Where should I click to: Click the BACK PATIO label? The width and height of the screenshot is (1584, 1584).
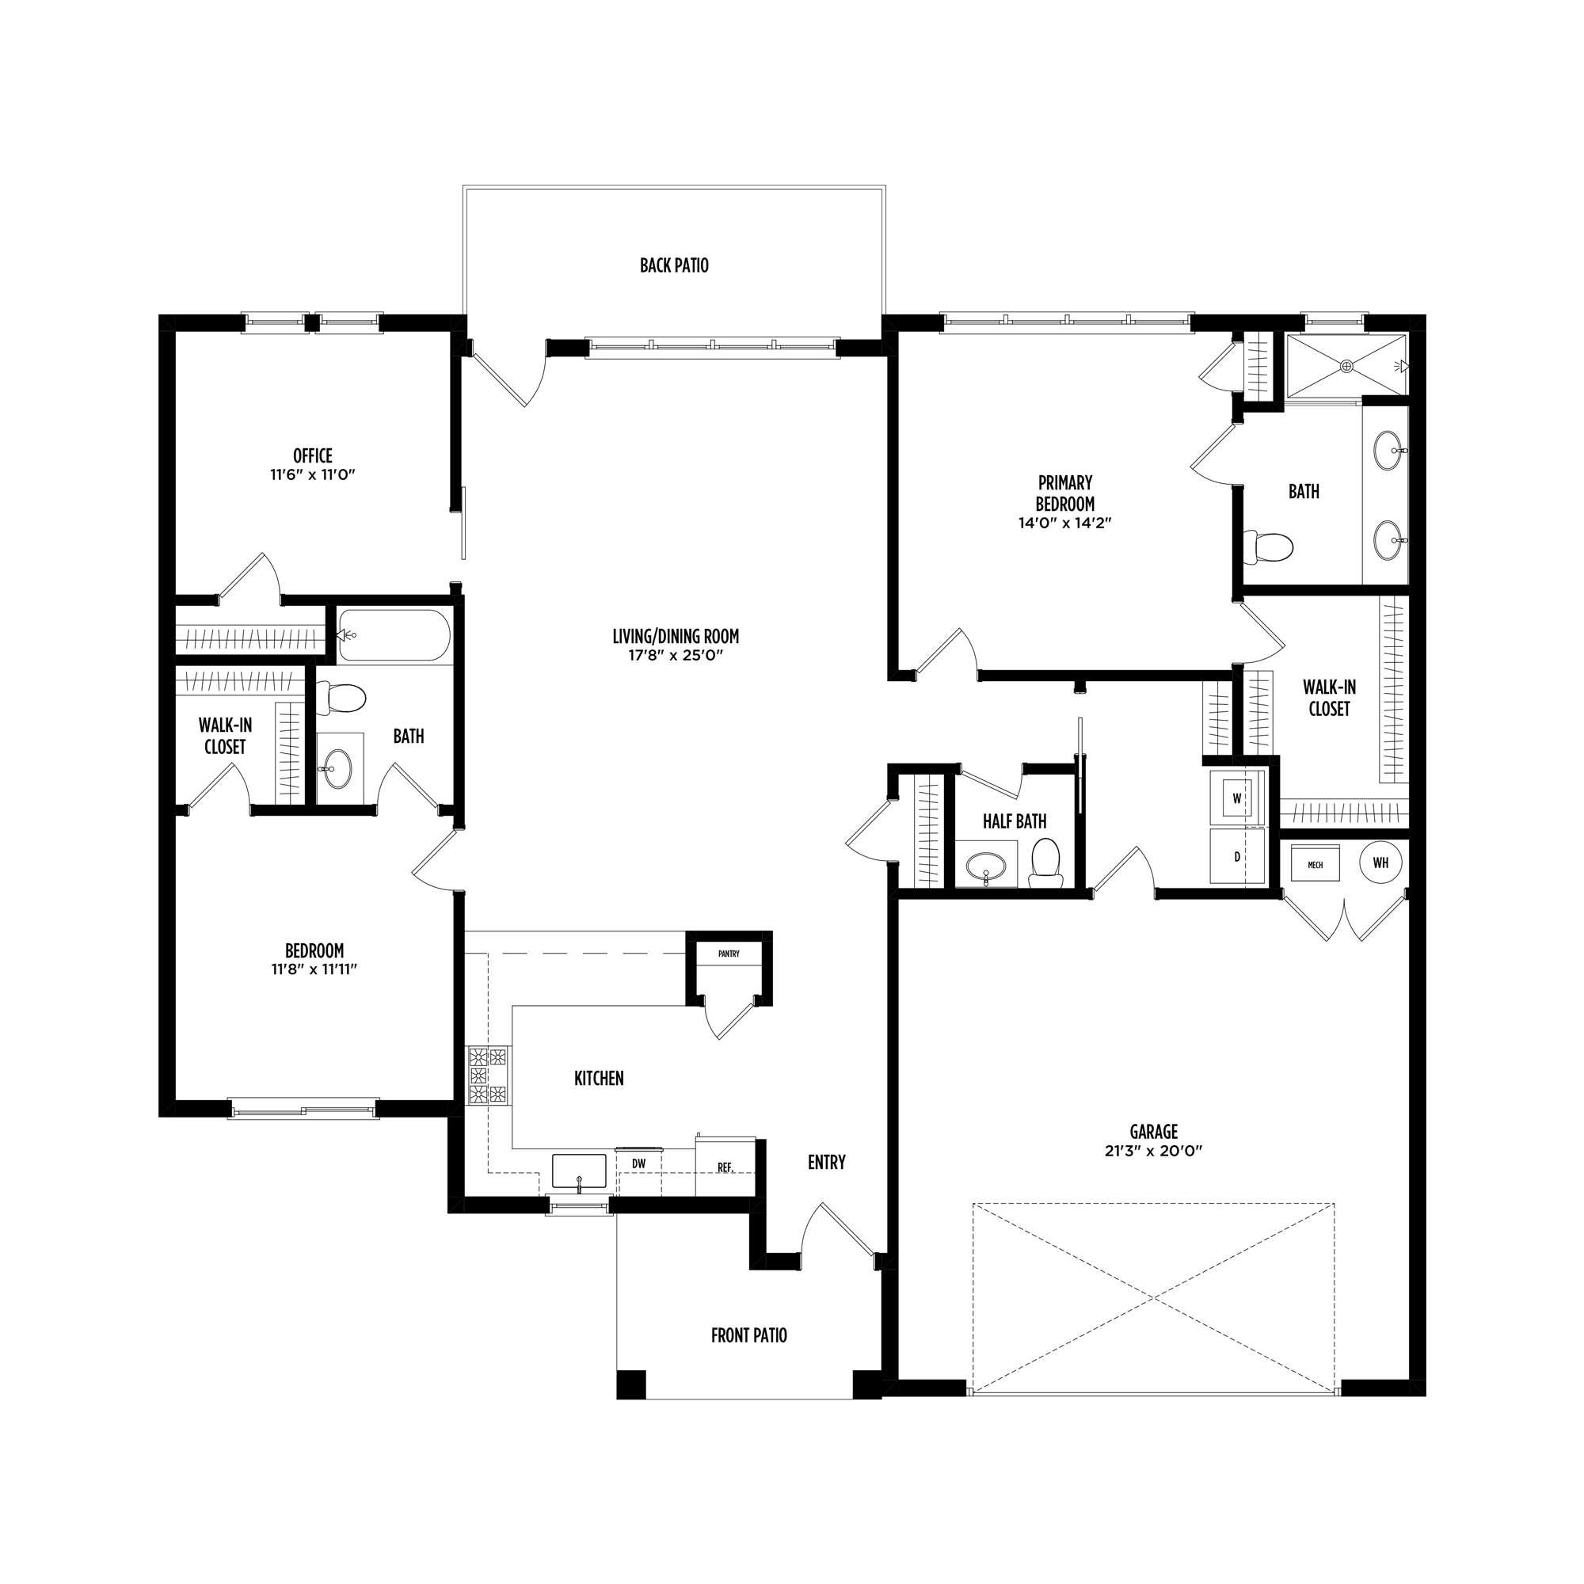[x=674, y=265]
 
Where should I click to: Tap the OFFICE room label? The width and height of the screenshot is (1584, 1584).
[x=313, y=456]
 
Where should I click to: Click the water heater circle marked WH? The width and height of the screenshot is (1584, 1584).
[x=1380, y=862]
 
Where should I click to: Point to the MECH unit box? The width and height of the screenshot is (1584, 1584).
[x=1315, y=864]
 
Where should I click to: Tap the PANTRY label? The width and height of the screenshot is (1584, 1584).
[x=729, y=954]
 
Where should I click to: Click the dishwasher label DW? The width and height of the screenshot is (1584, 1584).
[x=638, y=1163]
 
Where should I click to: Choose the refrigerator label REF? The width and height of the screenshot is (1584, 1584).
[x=725, y=1167]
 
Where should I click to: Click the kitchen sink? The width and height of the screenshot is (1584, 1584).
[x=579, y=1171]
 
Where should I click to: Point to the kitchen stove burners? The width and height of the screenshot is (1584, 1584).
[x=488, y=1075]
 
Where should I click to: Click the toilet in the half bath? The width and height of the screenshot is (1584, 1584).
[x=1045, y=863]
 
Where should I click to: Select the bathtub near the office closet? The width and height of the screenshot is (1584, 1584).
[x=394, y=635]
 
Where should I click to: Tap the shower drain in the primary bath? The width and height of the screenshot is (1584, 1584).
[x=1346, y=367]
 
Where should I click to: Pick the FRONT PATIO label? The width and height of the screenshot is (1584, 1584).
[x=748, y=1335]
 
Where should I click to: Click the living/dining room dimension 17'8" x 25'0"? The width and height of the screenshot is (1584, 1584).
[x=676, y=656]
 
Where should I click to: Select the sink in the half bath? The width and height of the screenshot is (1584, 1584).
[x=985, y=865]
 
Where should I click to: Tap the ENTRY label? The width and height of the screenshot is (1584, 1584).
[x=826, y=1162]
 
